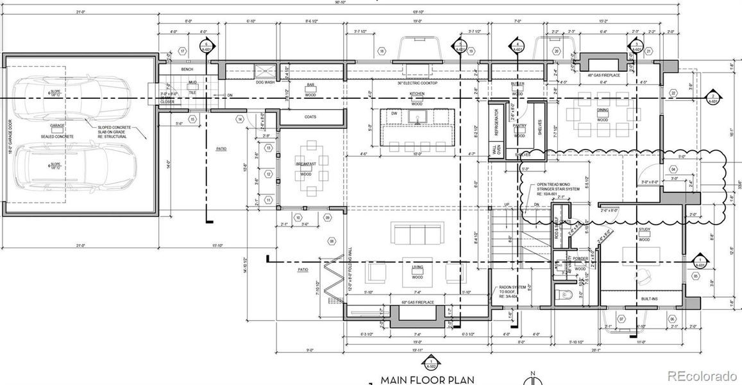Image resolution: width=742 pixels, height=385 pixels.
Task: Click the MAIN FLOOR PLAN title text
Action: click(428, 380)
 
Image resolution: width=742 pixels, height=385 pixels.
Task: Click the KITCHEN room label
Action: click(417, 94)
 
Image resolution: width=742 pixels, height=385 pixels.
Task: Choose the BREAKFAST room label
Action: click(306, 164)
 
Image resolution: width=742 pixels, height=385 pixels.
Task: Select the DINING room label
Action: click(602, 110)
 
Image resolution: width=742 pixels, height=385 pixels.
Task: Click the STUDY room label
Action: click(645, 230)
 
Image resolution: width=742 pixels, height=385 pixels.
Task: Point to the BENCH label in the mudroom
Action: click(187, 69)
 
